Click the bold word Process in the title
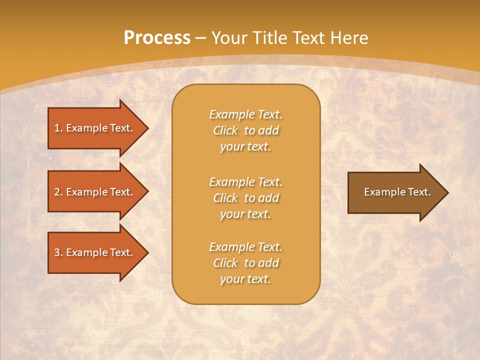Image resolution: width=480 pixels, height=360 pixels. click(x=157, y=38)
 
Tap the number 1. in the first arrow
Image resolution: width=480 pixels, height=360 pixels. click(x=58, y=128)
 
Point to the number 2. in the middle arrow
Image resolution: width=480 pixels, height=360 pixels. click(x=58, y=192)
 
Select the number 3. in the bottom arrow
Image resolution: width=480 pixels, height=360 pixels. click(x=58, y=252)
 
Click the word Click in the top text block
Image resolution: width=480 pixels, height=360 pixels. click(x=225, y=130)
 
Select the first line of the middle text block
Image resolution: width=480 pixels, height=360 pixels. click(x=245, y=182)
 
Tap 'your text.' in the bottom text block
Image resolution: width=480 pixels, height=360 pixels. click(x=245, y=279)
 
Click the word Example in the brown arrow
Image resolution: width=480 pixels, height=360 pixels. click(x=381, y=192)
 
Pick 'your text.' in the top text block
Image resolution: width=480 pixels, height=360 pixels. click(x=245, y=147)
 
